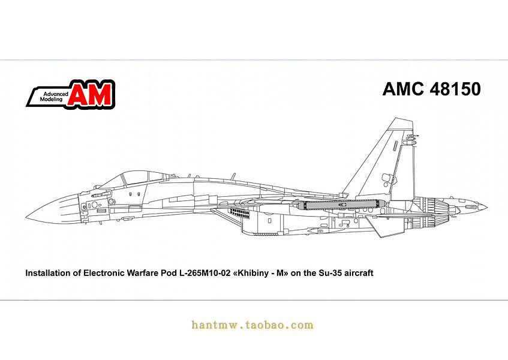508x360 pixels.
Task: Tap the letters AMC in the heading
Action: point(404,89)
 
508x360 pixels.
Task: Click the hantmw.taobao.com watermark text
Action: point(253,325)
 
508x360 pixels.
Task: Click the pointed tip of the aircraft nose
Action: point(25,217)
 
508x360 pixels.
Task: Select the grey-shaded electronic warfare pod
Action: point(339,205)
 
